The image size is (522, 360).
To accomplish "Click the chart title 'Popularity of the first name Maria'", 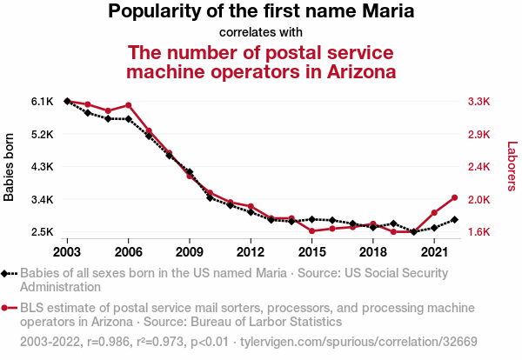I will [x=261, y=12].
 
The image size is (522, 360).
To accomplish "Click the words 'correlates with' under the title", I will [x=261, y=32].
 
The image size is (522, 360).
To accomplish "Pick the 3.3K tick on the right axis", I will [x=479, y=102].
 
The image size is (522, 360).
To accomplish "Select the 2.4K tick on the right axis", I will [x=479, y=167].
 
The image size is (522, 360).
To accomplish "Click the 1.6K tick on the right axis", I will [x=479, y=232].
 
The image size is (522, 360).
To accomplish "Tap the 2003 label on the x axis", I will [x=67, y=252].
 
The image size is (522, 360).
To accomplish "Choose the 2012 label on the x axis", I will [x=251, y=252].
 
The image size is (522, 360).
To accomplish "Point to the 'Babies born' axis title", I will [x=10, y=167].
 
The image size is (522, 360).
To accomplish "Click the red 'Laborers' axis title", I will [x=512, y=167].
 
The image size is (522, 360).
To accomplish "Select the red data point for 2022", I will [x=454, y=197].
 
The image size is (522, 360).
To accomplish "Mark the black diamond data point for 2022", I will [x=454, y=219].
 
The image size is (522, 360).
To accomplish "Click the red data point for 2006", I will [x=128, y=105].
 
